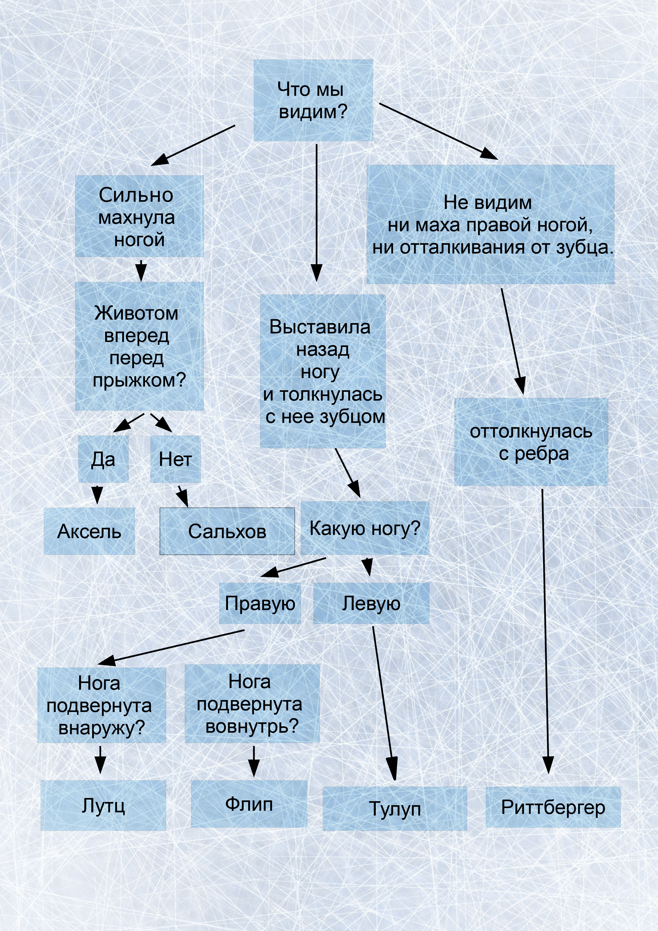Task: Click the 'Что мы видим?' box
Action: (x=313, y=101)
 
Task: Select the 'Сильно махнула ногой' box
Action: (x=139, y=216)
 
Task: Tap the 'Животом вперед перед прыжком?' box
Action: (x=139, y=346)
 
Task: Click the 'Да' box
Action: (x=103, y=459)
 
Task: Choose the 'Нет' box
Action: (x=175, y=459)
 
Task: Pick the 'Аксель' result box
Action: (x=89, y=531)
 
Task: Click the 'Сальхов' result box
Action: (x=227, y=531)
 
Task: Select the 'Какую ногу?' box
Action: (x=364, y=528)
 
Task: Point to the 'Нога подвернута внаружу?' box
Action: (x=101, y=705)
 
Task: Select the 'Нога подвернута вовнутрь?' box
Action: (x=252, y=703)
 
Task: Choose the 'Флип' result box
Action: (x=249, y=803)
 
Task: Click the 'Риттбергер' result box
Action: (x=553, y=807)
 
